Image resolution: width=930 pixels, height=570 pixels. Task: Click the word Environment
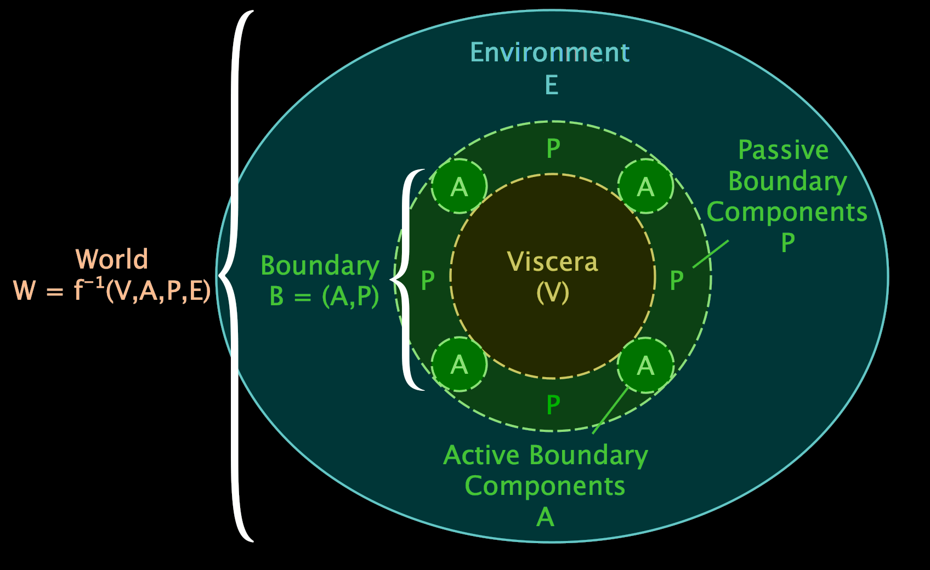point(549,53)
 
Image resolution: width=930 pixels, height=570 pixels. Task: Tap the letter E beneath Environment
point(552,86)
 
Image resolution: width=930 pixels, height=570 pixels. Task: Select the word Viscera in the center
point(552,262)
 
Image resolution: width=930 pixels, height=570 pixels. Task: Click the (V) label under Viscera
point(553,292)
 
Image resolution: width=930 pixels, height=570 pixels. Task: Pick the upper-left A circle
point(459,186)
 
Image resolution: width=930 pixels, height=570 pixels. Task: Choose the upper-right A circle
point(645,186)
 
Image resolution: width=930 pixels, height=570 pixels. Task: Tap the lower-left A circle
point(459,364)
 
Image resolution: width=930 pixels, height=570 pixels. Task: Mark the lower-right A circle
point(645,365)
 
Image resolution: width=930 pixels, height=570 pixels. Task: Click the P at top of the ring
point(553,149)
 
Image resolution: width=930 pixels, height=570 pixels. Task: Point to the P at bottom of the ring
point(553,405)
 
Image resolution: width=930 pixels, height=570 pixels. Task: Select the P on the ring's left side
point(428,281)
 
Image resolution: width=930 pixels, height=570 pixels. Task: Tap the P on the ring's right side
point(677,281)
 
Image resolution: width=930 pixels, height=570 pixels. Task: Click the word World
point(112,259)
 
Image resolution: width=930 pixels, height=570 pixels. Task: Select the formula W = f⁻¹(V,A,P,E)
point(112,290)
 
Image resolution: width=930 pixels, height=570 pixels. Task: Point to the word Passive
point(783,150)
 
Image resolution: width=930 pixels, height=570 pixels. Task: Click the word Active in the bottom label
point(481,455)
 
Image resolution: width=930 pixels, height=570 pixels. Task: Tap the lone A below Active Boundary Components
point(545,517)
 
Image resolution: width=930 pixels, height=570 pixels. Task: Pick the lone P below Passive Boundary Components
point(788,242)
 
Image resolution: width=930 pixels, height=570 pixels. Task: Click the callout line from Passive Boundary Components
point(711,254)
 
